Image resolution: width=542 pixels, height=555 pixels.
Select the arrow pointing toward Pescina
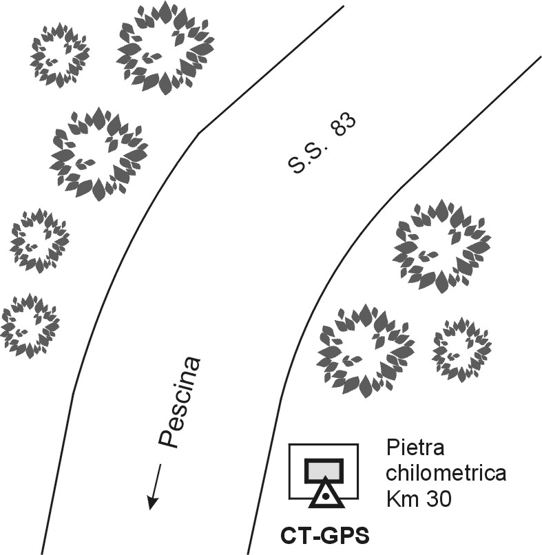[x=155, y=487]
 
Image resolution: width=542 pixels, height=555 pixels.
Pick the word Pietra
[x=415, y=451]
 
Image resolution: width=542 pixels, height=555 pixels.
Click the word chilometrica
[x=446, y=474]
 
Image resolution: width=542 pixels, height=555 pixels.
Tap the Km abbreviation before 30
[x=400, y=496]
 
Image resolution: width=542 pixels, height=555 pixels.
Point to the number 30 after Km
[x=437, y=496]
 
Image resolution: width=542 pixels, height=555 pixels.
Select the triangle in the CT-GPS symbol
[x=325, y=494]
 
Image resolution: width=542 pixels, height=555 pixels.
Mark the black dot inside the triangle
[x=325, y=496]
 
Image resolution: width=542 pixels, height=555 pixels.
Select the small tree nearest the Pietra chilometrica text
[x=461, y=350]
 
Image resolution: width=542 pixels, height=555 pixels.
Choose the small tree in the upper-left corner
[x=60, y=55]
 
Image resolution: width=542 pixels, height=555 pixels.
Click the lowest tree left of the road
[x=30, y=326]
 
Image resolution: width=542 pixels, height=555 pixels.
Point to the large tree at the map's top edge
[x=165, y=48]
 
